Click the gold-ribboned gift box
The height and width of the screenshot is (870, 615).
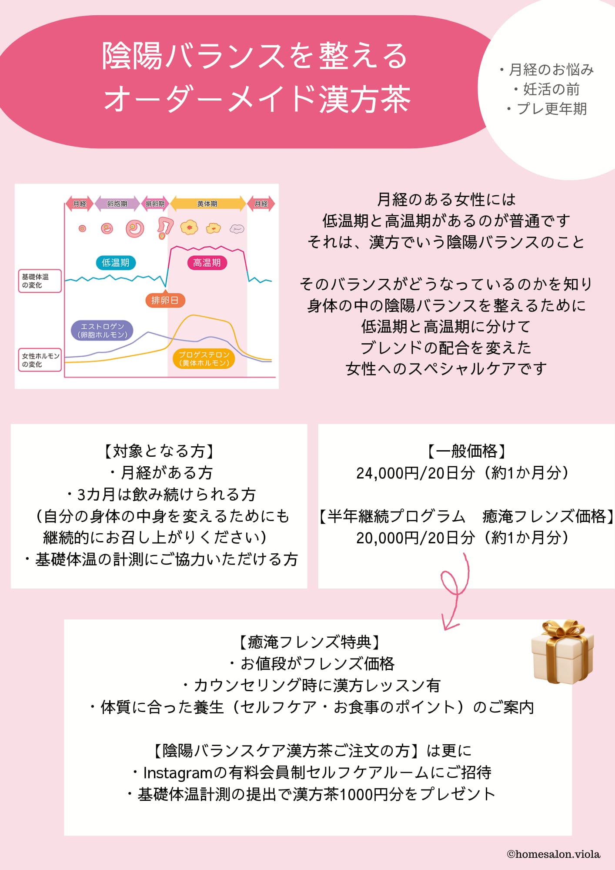coord(562,652)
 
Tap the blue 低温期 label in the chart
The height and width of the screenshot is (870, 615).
coord(115,263)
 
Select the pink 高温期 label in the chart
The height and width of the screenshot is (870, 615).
coord(207,263)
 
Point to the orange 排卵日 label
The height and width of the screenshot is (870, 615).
coord(165,300)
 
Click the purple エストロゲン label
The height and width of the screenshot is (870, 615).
coord(102,331)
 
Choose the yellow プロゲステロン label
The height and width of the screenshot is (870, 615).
coord(204,359)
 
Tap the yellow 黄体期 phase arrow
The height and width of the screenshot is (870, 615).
coord(207,204)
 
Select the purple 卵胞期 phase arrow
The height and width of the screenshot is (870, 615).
coord(117,204)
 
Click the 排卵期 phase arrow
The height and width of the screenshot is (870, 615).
coord(155,204)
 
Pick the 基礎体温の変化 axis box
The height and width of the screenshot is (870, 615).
coord(39,281)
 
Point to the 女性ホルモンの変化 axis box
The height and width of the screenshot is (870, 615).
coord(40,360)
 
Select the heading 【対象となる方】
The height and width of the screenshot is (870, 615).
coord(159,451)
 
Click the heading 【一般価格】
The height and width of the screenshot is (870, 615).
coord(466,451)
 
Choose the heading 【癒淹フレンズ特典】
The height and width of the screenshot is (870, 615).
coord(309,642)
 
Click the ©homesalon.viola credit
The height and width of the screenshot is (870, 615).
coord(553,854)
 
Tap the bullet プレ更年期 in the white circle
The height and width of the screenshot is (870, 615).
coord(551,109)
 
